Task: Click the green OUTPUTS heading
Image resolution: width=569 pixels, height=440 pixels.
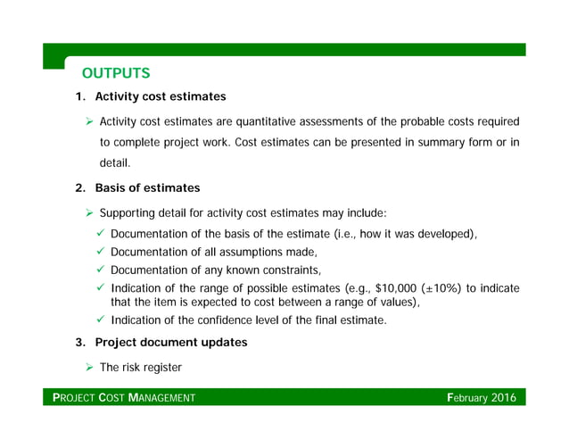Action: pos(116,72)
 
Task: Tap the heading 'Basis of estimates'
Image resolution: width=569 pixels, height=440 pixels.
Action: pos(147,188)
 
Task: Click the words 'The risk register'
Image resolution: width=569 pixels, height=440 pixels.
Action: pos(141,367)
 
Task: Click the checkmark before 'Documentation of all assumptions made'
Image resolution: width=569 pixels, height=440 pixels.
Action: pos(101,252)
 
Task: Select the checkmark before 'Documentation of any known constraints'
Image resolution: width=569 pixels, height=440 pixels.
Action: pos(101,270)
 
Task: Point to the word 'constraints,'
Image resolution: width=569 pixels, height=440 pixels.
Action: pos(289,270)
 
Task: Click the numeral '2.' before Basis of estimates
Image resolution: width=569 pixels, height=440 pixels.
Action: pos(79,188)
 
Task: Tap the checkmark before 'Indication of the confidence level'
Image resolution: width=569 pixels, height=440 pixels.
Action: pos(101,320)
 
